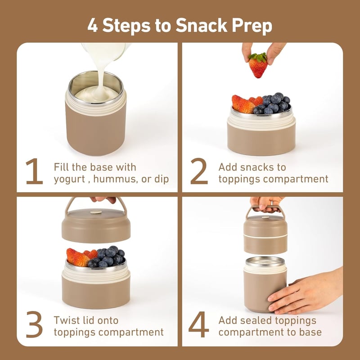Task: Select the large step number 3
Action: point(35,324)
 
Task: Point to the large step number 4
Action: point(199,324)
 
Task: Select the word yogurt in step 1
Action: point(69,180)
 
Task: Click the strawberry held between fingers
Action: point(258,65)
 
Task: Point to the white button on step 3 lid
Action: point(96,211)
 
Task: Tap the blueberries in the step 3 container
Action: point(107,256)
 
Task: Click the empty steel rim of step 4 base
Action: point(265,262)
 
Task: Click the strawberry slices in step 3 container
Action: point(81,257)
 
